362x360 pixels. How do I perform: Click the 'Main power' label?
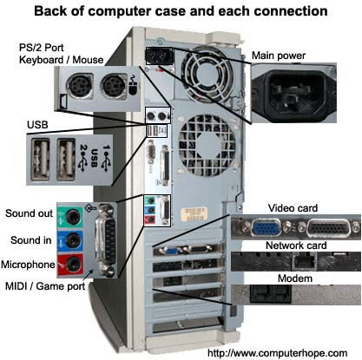279,56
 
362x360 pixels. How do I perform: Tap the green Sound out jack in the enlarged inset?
72,217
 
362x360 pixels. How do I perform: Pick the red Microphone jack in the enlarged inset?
72,264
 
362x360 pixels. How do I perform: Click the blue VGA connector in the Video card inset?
267,226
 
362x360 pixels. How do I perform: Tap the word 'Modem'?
295,278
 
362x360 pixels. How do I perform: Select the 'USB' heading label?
37,125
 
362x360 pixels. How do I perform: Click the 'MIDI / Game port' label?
45,286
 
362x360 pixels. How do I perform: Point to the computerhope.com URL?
278,353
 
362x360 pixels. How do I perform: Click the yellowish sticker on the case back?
194,214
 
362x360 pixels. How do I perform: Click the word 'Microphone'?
28,265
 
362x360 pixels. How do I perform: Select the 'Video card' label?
293,208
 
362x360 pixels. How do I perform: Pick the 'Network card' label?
296,245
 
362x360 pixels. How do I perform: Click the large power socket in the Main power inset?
293,93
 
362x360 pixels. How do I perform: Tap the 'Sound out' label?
29,213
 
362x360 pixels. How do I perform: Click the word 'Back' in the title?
49,11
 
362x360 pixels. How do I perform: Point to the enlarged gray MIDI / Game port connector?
106,239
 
